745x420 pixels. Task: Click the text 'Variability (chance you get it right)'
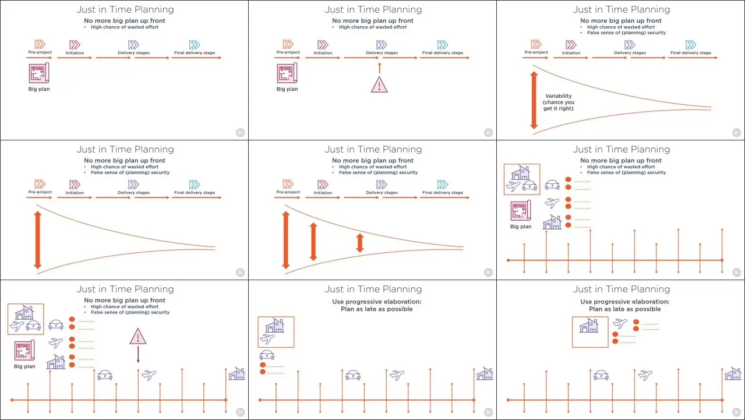pyautogui.click(x=559, y=102)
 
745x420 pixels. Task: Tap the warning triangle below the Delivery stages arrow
pyautogui.click(x=379, y=84)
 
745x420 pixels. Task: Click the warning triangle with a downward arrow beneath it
pyautogui.click(x=138, y=336)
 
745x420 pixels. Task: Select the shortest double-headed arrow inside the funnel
pyautogui.click(x=359, y=243)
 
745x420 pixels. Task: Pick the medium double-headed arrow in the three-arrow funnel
pyautogui.click(x=313, y=241)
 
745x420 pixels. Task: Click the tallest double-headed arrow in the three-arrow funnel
pyautogui.click(x=285, y=240)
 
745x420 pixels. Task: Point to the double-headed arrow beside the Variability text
pyautogui.click(x=534, y=100)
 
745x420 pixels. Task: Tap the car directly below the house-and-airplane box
pyautogui.click(x=267, y=355)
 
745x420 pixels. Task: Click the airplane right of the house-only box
pyautogui.click(x=620, y=323)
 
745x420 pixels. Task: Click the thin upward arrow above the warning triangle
pyautogui.click(x=379, y=68)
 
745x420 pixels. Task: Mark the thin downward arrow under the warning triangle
pyautogui.click(x=138, y=354)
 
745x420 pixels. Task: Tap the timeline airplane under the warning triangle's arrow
pyautogui.click(x=149, y=375)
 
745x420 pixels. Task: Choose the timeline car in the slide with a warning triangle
pyautogui.click(x=105, y=375)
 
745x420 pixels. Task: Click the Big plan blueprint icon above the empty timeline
pyautogui.click(x=521, y=210)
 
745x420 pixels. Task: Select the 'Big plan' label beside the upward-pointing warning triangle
pyautogui.click(x=287, y=89)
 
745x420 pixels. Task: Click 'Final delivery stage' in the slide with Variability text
pyautogui.click(x=690, y=52)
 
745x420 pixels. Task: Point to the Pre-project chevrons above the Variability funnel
pyautogui.click(x=536, y=44)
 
